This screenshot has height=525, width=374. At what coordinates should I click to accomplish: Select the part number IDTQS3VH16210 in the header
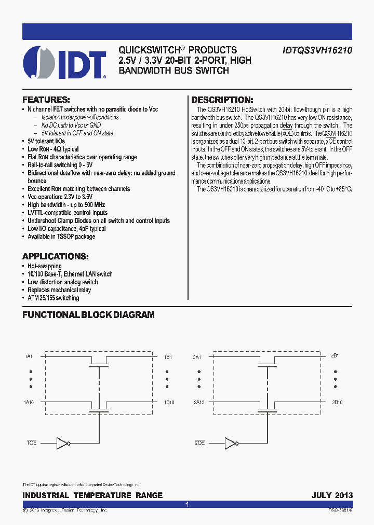pos(318,50)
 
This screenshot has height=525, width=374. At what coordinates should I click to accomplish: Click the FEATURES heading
pos(46,99)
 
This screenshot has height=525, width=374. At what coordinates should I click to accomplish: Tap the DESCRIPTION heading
pos(222,100)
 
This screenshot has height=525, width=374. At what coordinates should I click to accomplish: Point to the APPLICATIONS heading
pos(55,257)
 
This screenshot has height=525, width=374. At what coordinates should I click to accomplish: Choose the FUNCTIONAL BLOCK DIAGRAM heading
pos(88,315)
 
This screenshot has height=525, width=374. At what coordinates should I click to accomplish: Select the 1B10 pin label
pos(169,403)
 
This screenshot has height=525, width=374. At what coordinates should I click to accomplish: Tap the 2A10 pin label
pos(199,403)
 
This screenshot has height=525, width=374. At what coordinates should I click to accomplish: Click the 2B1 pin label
pos(335,356)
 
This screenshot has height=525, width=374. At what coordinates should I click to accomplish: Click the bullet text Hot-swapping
pos(45,266)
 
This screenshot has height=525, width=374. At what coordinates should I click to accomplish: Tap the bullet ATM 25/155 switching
pos(54,298)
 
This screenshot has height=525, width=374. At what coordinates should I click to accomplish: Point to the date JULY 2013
pos(332,495)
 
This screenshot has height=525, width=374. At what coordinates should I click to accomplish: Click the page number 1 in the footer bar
pos(187,504)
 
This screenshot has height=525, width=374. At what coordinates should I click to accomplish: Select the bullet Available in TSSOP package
pos(61,237)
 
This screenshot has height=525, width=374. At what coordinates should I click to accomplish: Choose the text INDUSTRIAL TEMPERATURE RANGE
pos(92,495)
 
